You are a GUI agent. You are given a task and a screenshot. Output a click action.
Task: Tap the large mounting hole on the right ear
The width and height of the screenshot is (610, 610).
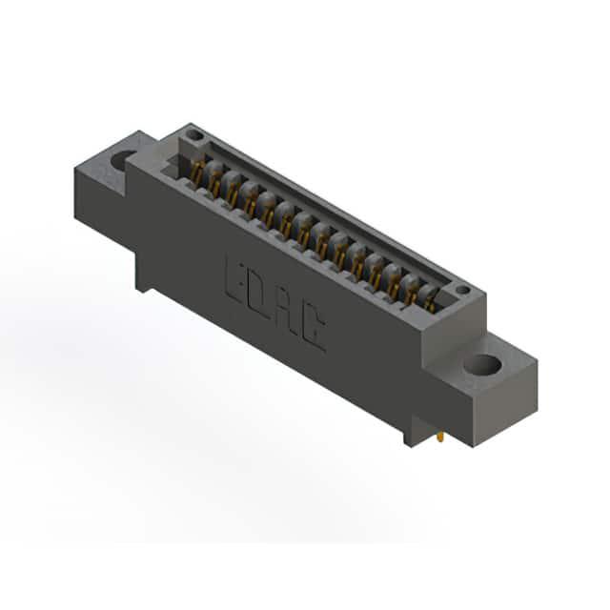482,365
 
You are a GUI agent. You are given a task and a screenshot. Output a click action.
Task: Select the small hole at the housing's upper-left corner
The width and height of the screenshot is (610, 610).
194,135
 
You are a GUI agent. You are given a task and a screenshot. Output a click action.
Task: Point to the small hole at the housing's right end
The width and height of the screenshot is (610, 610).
462,290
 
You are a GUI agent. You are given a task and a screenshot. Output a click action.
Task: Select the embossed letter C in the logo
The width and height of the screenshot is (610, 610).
313,328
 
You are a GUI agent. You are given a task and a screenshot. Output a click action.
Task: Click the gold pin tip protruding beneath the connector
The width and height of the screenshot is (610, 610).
440,437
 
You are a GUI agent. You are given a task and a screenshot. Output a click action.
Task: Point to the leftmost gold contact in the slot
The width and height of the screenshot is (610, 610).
197,172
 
